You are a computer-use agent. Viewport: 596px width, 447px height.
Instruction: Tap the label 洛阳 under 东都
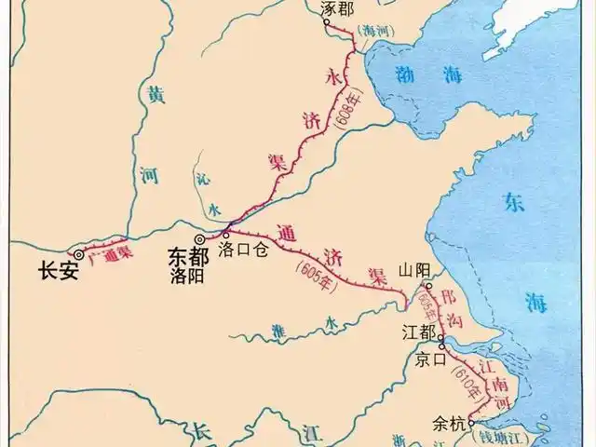pyautogui.click(x=186, y=273)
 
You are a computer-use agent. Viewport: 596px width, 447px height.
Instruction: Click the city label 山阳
pyautogui.click(x=415, y=270)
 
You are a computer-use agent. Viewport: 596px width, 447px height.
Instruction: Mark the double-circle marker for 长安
pyautogui.click(x=78, y=253)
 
